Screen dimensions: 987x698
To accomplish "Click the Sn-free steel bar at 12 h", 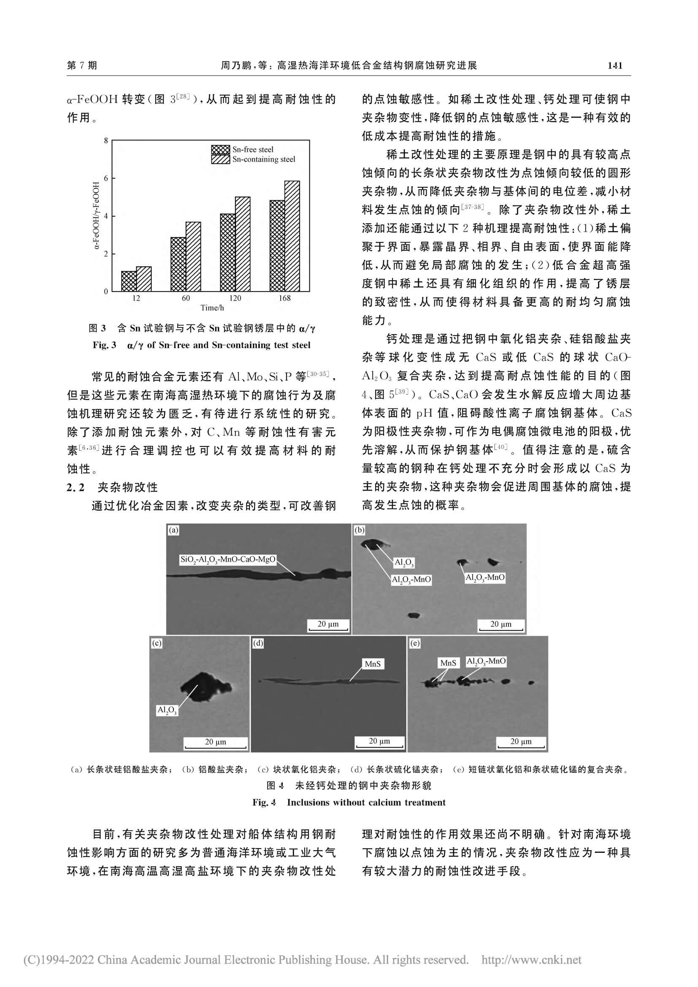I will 129,281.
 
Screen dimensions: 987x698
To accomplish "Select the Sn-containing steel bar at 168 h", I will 292,236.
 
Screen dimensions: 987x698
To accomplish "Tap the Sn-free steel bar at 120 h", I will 228,252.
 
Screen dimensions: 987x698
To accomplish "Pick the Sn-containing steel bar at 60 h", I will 193,257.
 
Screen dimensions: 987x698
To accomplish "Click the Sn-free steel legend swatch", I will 220,150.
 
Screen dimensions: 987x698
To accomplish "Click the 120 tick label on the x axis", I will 235,298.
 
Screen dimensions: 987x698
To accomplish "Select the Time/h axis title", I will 212,308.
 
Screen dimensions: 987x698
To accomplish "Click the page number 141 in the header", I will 615,65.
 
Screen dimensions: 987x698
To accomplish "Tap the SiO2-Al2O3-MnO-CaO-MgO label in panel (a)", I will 228,560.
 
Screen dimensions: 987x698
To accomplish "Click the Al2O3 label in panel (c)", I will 167,710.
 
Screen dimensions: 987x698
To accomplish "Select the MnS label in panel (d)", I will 372,664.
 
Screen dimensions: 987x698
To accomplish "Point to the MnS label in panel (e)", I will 448,663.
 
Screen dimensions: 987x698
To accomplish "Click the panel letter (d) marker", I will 258,643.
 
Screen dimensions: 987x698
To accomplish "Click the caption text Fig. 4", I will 264,802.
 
